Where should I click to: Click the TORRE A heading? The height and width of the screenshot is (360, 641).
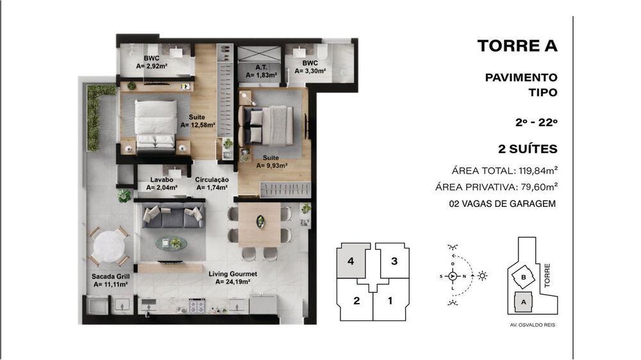point(517,46)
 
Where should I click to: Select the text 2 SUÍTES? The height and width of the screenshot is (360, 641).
point(528,149)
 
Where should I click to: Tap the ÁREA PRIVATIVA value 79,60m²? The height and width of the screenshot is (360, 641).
point(536,187)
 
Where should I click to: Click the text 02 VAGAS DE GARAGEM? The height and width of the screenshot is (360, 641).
point(503,204)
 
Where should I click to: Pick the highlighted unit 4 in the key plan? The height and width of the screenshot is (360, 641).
point(351,261)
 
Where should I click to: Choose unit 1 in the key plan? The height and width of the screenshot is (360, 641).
point(389,300)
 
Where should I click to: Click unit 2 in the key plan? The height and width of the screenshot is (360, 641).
point(354,300)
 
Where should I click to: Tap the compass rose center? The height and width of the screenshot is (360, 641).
point(453,276)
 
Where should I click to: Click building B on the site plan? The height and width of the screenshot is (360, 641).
point(524,277)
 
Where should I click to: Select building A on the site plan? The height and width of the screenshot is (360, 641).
point(523,300)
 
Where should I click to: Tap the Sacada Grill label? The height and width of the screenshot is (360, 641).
point(111,280)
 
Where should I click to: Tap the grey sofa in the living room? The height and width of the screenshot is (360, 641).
point(172,218)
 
